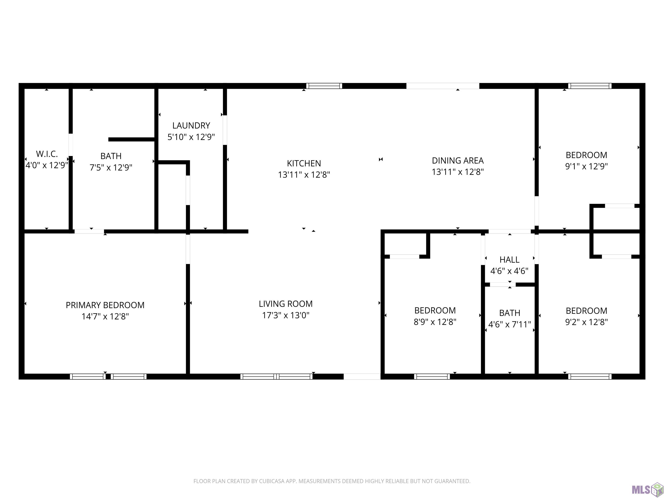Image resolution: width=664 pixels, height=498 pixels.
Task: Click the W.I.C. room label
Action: coord(47,154)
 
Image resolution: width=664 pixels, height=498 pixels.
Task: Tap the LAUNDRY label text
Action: coord(191,126)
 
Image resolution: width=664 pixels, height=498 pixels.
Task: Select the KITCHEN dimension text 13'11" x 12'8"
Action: coord(304,174)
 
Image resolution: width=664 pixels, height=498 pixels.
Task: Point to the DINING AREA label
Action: coord(458,161)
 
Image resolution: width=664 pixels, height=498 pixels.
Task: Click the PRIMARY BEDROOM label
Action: coord(105,305)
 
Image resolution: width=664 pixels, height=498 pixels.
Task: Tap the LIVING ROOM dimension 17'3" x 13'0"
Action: coord(286,315)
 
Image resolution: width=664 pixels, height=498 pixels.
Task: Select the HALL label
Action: coord(509,260)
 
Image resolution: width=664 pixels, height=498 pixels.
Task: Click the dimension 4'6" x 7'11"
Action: coord(509,324)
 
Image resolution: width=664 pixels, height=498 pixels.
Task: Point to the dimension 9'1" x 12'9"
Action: coord(586,166)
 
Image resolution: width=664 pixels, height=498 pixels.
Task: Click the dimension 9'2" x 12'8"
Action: coord(586,322)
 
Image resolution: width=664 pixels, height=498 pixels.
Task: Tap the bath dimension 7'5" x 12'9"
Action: coord(111,167)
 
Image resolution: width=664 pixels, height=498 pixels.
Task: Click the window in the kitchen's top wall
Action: coord(324,86)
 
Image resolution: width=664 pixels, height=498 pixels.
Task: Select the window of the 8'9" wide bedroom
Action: coord(432,377)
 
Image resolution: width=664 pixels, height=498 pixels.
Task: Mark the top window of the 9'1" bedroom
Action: coord(590,86)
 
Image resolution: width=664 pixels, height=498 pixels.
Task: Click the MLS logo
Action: coord(647,490)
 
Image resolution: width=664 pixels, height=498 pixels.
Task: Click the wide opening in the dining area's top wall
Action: coord(443,86)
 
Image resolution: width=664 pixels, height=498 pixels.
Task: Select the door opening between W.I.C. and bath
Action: coord(71,145)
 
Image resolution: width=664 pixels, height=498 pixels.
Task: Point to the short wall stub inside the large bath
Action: coord(131,139)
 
